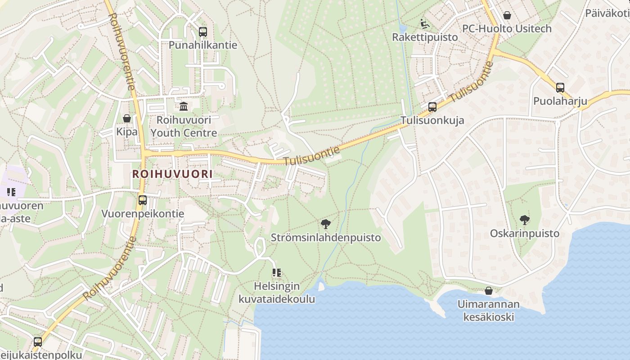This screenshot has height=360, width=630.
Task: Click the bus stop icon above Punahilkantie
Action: coord(202,32)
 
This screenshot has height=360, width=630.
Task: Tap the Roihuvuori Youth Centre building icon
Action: coord(184,107)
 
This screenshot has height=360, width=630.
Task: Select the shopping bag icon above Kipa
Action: coord(127,118)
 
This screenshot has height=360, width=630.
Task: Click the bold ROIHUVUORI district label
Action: coord(172,174)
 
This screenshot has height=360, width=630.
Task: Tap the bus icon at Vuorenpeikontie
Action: coord(143,200)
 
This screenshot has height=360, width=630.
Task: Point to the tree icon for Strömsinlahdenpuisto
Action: coord(325,224)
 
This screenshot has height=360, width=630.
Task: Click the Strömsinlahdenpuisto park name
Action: coord(326,238)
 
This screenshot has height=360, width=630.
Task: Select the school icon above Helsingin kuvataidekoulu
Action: coord(277,273)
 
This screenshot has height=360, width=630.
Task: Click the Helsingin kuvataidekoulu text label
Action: coord(277,292)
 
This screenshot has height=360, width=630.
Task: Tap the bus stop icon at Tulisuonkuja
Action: coord(432,107)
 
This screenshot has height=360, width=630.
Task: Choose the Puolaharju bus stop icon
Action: coord(560,88)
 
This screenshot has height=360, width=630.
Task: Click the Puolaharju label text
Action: coord(560,101)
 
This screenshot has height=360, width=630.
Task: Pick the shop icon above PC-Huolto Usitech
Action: coord(507,15)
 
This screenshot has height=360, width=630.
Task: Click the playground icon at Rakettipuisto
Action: coord(424,23)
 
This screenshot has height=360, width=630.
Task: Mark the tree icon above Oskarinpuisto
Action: coord(524,220)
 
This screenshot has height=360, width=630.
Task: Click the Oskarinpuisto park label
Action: coord(525,234)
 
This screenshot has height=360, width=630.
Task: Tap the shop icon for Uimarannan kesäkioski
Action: coord(489,291)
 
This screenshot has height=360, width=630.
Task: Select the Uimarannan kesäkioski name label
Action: coord(489,310)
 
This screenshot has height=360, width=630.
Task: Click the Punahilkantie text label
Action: coord(202,45)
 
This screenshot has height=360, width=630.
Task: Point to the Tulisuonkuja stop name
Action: coord(432,121)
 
